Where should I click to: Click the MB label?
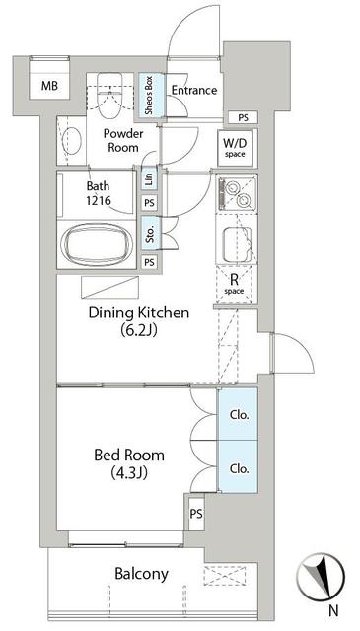48,86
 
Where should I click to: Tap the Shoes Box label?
148,96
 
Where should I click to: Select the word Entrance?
193,90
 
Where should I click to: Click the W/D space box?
235,147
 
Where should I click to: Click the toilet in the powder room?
108,95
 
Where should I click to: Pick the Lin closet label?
149,179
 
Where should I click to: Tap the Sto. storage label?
149,235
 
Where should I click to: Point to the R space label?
235,284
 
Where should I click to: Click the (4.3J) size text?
129,474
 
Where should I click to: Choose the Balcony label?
141,573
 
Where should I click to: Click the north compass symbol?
323,575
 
